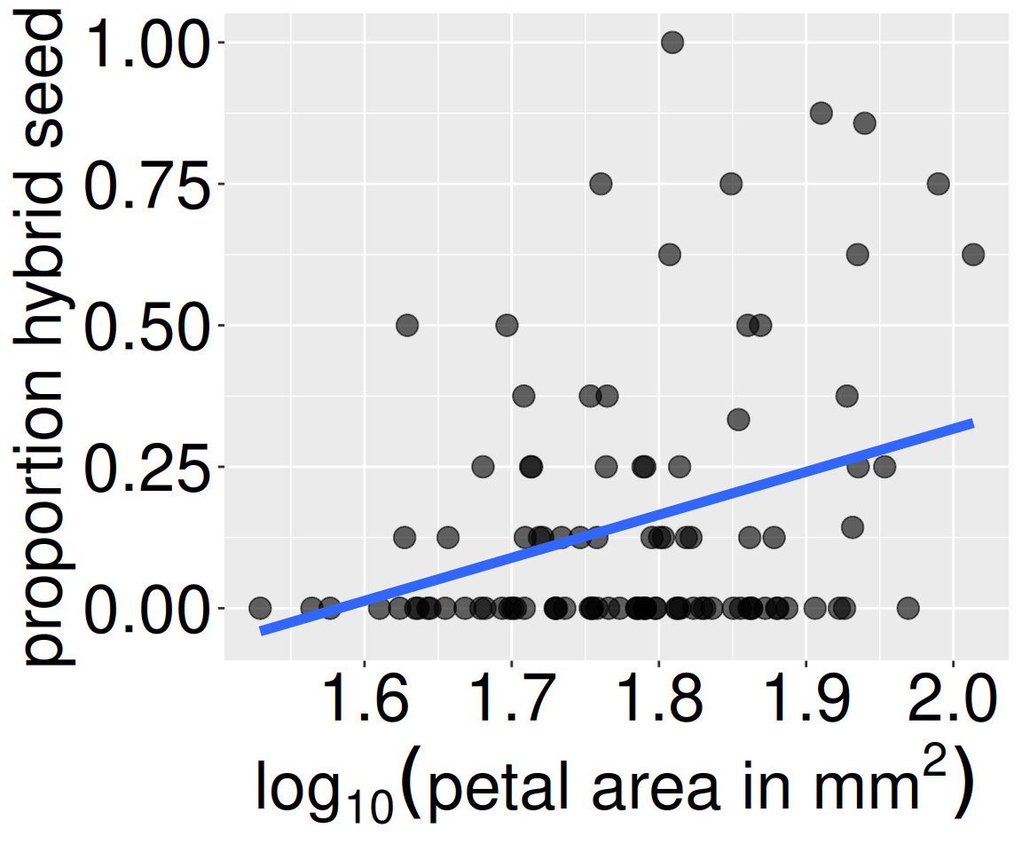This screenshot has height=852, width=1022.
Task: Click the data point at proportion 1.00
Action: (672, 42)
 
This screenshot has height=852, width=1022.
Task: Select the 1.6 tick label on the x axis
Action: (365, 701)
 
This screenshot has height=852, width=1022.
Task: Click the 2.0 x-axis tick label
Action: (953, 701)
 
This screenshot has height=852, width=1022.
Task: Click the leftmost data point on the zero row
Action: (260, 608)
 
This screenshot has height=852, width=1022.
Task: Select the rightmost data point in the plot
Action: (973, 255)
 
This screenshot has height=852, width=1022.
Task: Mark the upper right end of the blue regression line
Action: (972, 423)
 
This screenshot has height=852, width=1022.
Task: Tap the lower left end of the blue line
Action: (262, 630)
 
